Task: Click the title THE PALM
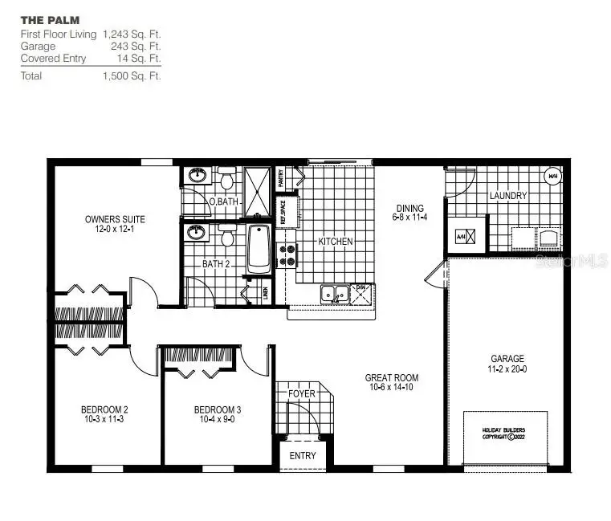tap(50, 18)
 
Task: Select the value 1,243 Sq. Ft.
tap(132, 35)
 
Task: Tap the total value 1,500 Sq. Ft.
tap(132, 76)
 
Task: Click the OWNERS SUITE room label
tap(115, 219)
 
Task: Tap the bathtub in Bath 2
tap(259, 249)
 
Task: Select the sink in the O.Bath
tap(195, 176)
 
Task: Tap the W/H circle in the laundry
tap(552, 176)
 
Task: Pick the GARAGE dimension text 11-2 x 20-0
tap(507, 369)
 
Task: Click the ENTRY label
tap(303, 456)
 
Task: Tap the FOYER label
tap(302, 394)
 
